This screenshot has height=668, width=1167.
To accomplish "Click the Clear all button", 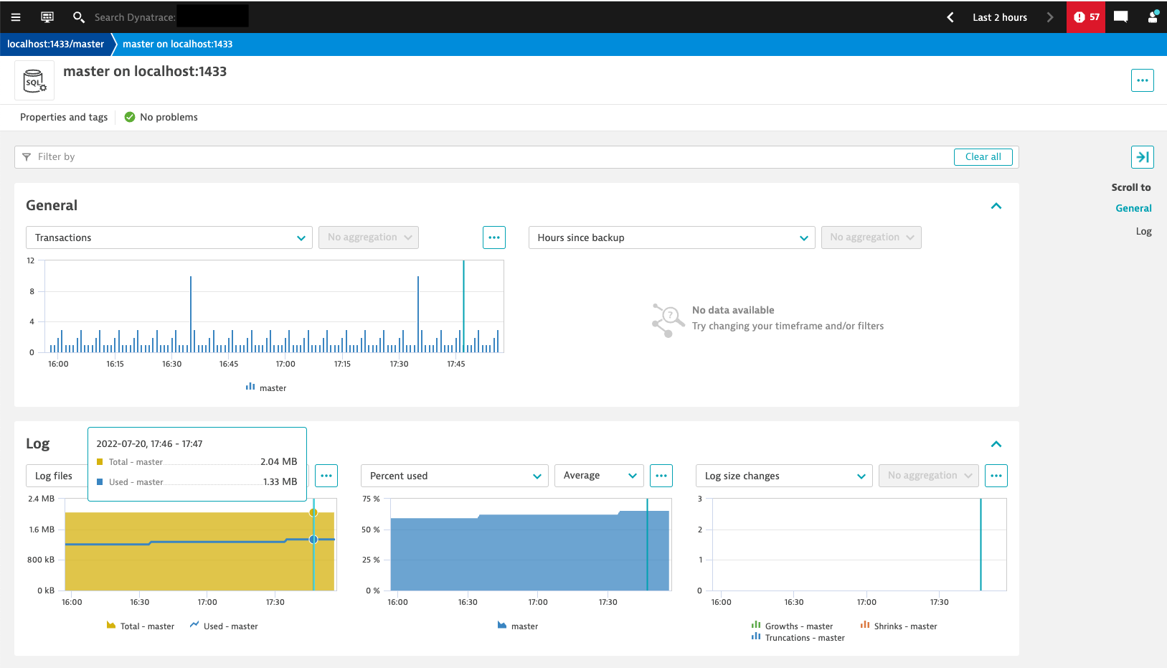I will click(x=983, y=157).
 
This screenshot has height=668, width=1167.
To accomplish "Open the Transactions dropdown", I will click(x=169, y=237).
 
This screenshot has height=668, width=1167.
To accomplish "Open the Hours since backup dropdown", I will click(x=671, y=237).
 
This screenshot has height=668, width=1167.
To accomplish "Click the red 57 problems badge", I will click(x=1085, y=17).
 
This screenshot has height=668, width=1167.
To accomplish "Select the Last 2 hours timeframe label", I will click(x=999, y=17).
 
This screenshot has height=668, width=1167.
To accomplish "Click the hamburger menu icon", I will click(x=16, y=17).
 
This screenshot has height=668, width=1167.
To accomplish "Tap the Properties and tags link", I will click(x=64, y=117).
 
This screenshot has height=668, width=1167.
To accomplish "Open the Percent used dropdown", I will click(x=455, y=476).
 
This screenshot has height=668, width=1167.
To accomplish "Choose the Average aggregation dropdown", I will click(x=599, y=476).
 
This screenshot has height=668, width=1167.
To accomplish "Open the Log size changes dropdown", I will click(x=784, y=476).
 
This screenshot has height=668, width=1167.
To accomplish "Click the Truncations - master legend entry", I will click(x=804, y=638).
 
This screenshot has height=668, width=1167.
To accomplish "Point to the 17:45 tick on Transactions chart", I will click(x=456, y=364).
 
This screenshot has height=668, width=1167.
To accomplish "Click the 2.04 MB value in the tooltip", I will click(x=278, y=462).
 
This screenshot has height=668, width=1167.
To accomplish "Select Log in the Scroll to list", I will click(x=1143, y=231).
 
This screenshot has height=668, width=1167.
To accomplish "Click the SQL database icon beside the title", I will click(x=34, y=80).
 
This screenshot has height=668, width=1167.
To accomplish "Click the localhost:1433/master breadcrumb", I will click(x=55, y=44).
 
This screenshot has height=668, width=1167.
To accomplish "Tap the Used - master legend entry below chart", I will click(x=230, y=626).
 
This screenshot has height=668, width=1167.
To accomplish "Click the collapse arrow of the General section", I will click(x=996, y=206).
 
